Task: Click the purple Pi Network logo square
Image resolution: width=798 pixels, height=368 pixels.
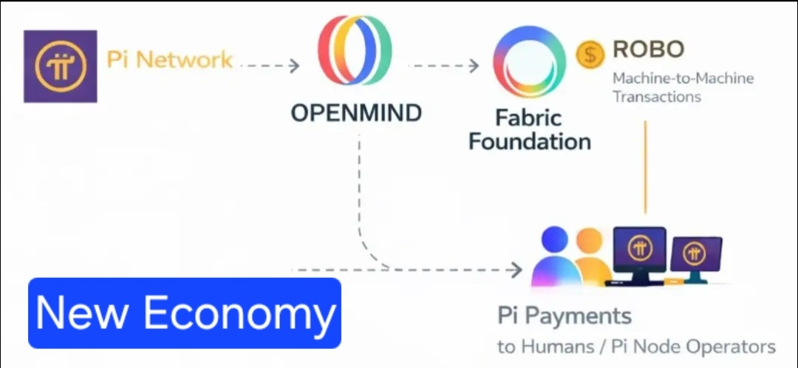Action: click(60, 66)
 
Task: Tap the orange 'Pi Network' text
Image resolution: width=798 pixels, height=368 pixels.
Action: click(170, 60)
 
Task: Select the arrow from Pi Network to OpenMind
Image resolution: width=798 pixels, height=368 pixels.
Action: click(270, 66)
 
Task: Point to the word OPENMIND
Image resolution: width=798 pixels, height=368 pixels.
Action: click(356, 113)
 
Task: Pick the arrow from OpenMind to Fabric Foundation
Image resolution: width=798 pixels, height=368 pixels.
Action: click(443, 66)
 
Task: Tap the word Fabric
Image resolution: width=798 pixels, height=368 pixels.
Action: click(528, 117)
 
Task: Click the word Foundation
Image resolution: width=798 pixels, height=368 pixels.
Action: click(530, 141)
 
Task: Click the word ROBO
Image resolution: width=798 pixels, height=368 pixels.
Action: click(648, 50)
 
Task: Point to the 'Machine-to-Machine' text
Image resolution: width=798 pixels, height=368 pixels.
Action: click(682, 78)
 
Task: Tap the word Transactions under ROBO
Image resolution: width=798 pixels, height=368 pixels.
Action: click(656, 96)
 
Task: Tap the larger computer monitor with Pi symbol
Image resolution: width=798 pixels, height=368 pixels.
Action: click(640, 249)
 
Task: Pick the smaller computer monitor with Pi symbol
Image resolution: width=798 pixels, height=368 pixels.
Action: click(695, 255)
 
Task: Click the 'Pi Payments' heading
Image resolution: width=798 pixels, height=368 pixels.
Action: click(565, 316)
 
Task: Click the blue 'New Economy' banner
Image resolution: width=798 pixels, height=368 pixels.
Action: click(185, 313)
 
